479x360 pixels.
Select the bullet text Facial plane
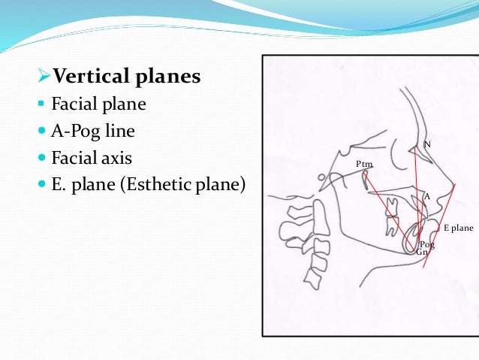(98, 104)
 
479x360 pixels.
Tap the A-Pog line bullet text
(93, 132)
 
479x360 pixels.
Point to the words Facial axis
(92, 159)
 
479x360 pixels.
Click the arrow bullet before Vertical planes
(43, 77)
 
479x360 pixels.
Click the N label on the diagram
(427, 144)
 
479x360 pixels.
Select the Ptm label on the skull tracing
(364, 164)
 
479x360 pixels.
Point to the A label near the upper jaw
(426, 196)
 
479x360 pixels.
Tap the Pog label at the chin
(427, 245)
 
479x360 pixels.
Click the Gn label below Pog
(422, 253)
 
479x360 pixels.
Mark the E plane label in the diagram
(458, 227)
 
